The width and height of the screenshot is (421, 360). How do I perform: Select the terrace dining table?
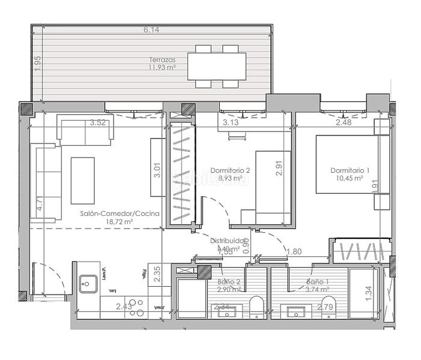(x=217, y=67)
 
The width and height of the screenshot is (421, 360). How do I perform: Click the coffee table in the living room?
(x=82, y=181)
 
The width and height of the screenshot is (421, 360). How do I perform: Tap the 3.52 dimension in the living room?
(x=97, y=123)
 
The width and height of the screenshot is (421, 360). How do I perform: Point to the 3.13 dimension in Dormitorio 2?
(x=231, y=123)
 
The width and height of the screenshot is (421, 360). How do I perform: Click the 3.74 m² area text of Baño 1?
(x=317, y=289)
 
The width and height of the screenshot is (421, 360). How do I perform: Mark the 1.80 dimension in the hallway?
(x=294, y=252)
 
